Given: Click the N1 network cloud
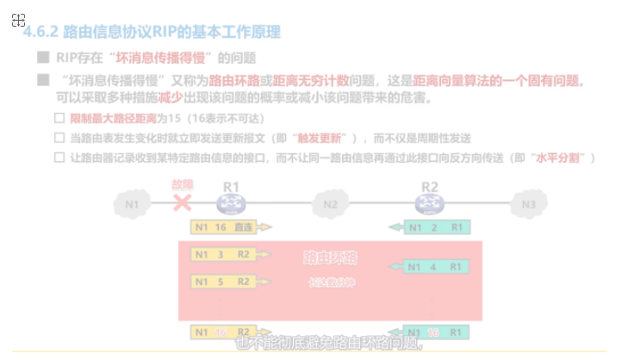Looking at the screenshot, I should click(x=132, y=204).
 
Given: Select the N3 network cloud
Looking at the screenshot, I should click(x=528, y=204).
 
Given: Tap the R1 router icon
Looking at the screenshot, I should click(x=231, y=203).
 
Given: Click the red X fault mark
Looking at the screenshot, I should click(x=182, y=203).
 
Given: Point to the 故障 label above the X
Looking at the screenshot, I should click(x=183, y=185).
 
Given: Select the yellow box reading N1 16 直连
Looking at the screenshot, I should click(x=223, y=227).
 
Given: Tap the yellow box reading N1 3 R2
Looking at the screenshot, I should click(x=223, y=255).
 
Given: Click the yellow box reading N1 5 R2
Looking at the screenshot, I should click(x=223, y=282).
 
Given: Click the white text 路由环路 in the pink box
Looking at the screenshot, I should click(x=330, y=258).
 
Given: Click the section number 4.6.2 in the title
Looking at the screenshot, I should click(x=40, y=33).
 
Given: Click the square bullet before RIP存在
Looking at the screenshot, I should click(x=42, y=58).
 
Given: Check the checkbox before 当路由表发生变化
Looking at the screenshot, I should click(x=59, y=138).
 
